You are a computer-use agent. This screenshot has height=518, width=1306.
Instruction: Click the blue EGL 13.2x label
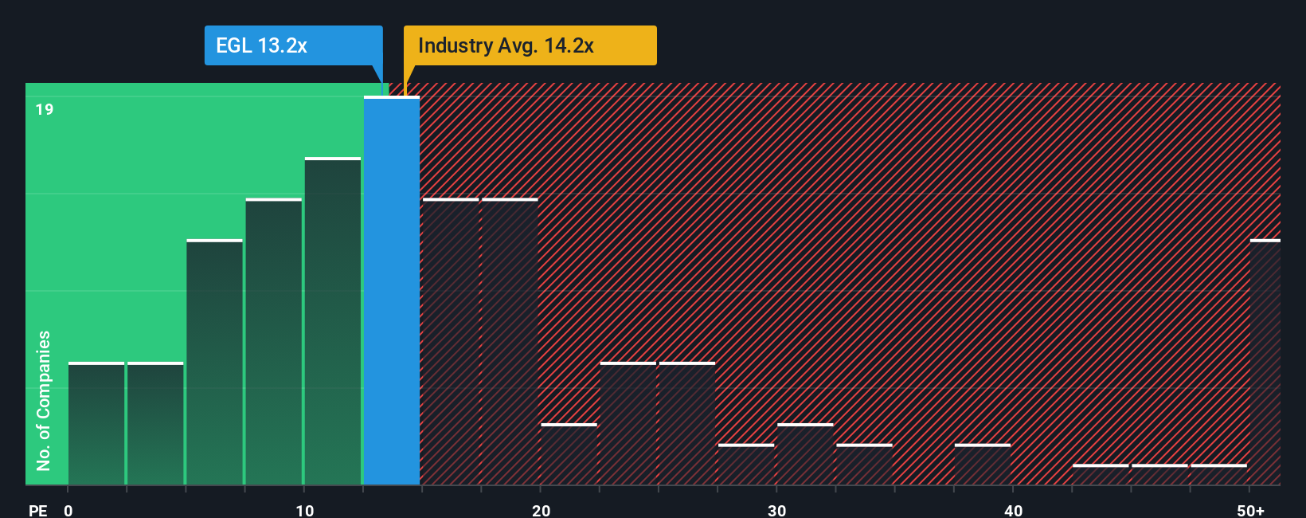point(293,45)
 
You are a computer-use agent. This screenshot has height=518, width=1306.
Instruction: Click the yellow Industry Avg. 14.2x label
point(530,45)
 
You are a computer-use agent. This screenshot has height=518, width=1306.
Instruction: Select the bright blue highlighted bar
point(392,291)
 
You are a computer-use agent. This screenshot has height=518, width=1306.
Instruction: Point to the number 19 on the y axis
point(45,110)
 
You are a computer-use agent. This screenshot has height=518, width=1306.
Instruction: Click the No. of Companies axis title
point(44,400)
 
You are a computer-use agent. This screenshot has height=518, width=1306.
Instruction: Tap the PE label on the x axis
point(38,510)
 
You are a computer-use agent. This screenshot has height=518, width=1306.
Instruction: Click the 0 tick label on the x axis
point(68,510)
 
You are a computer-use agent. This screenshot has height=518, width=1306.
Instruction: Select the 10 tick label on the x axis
point(304,510)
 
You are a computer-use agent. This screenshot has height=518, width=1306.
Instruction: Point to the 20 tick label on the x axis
point(541,510)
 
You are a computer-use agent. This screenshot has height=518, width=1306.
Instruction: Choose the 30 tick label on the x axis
point(776,510)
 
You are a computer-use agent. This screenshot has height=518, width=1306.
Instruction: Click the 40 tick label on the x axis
point(1013,510)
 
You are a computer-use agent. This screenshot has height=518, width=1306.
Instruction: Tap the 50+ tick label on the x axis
point(1250,510)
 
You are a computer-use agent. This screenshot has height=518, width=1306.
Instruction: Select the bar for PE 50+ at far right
point(1265,363)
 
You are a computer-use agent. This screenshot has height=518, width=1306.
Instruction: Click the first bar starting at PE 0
point(96,424)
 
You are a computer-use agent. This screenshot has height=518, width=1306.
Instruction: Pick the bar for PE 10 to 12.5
point(333,322)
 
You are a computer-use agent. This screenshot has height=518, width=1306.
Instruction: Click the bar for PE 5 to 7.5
point(214,363)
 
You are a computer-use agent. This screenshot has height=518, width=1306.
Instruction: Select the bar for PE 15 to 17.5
point(451,342)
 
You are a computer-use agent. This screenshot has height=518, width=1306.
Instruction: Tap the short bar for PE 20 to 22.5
point(569,454)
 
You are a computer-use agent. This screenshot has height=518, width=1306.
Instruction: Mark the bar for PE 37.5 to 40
point(982,465)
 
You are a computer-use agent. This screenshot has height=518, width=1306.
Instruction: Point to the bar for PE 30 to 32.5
point(805,454)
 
